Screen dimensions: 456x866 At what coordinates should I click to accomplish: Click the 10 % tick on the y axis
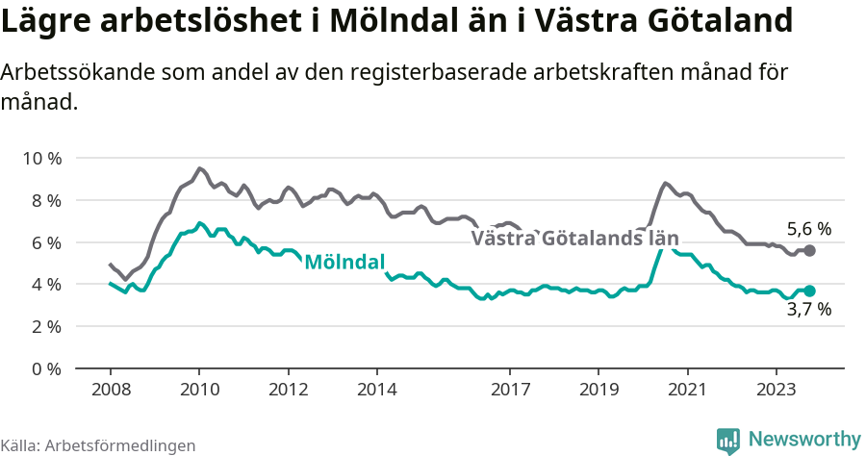[40, 158]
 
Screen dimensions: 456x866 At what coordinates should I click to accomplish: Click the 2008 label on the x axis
[110, 391]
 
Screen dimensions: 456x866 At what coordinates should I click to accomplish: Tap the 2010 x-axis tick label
[199, 391]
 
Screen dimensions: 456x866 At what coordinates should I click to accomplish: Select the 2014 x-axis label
[376, 391]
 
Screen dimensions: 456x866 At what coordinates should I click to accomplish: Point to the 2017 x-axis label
[510, 391]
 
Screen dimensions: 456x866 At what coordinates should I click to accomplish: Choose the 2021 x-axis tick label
[687, 391]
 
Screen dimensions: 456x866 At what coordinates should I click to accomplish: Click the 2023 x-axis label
[777, 391]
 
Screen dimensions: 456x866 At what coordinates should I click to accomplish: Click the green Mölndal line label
[344, 262]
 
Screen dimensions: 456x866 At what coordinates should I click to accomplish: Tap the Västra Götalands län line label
[574, 239]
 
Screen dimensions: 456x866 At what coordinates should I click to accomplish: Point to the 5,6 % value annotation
[809, 229]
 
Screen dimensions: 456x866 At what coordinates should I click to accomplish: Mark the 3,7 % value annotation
[809, 310]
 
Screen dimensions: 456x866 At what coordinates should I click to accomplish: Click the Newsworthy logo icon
[728, 440]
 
